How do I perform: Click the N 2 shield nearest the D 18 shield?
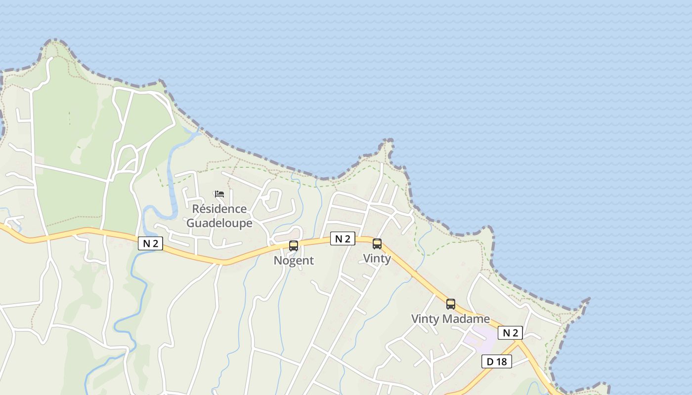click(510, 333)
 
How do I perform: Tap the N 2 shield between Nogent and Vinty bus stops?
click(343, 239)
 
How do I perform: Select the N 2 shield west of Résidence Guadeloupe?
click(150, 243)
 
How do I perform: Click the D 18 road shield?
click(497, 361)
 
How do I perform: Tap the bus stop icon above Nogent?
click(294, 245)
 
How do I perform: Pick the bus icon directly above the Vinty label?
click(377, 243)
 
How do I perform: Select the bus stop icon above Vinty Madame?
click(451, 304)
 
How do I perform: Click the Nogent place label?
click(294, 260)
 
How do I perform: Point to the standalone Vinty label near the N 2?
click(377, 258)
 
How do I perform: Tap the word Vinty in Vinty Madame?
click(425, 319)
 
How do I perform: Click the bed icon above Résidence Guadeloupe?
click(219, 194)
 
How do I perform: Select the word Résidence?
click(219, 209)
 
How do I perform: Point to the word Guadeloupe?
click(219, 223)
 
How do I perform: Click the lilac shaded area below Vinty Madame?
click(477, 336)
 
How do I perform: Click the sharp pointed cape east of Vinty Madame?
click(588, 299)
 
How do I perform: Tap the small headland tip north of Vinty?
click(389, 142)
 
